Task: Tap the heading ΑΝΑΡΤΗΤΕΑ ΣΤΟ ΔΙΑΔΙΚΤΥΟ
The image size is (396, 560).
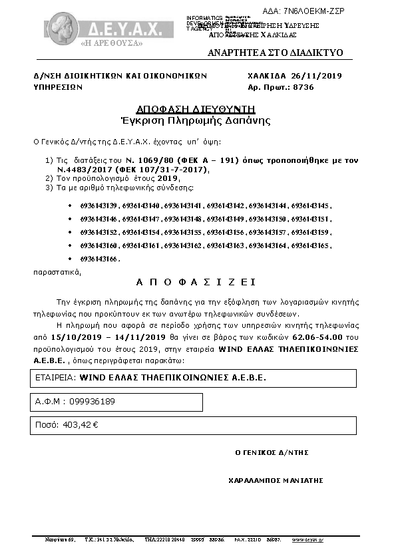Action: pyautogui.click(x=275, y=52)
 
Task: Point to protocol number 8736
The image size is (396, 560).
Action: pyautogui.click(x=303, y=87)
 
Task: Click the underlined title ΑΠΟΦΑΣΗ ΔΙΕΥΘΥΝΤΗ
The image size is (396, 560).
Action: pyautogui.click(x=196, y=108)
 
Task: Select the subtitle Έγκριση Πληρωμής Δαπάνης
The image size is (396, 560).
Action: pyautogui.click(x=195, y=120)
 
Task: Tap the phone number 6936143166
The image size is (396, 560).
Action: pyautogui.click(x=98, y=258)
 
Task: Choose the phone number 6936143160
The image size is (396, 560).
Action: pyautogui.click(x=98, y=245)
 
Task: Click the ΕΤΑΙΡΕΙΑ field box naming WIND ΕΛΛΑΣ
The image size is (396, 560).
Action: pyautogui.click(x=194, y=378)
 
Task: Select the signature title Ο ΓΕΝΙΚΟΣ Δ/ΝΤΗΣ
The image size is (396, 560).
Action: pyautogui.click(x=272, y=452)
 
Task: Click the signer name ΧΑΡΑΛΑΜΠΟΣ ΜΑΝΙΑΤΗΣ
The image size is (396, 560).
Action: pyautogui.click(x=275, y=480)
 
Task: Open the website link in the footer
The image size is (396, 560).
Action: pyautogui.click(x=307, y=540)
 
